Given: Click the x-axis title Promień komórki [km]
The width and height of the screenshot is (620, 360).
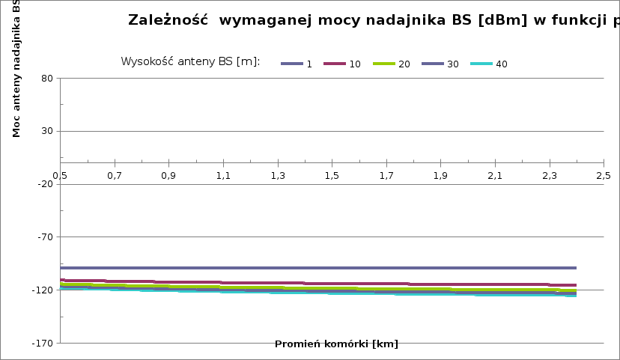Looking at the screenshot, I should click(x=336, y=344).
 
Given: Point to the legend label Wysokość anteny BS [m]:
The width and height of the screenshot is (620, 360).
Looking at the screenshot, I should click(x=190, y=61).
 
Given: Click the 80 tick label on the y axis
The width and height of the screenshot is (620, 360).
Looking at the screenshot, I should click(x=46, y=79).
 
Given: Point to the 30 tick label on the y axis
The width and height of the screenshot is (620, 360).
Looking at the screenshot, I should click(x=46, y=132).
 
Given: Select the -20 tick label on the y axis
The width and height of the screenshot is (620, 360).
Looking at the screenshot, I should click(x=43, y=184).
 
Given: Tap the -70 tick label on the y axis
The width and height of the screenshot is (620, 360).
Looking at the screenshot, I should click(x=43, y=237).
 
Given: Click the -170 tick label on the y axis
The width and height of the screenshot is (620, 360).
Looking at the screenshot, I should click(x=41, y=343).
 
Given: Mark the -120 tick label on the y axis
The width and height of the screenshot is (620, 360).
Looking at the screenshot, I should click(x=41, y=290).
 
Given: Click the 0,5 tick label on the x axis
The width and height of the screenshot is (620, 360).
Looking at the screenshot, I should click(x=60, y=176).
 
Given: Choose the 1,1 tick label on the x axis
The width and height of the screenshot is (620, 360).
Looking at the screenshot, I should click(x=223, y=176).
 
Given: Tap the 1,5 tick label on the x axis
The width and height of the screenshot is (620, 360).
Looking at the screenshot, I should click(x=332, y=176).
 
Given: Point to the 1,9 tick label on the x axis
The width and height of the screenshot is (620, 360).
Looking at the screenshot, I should click(x=440, y=176).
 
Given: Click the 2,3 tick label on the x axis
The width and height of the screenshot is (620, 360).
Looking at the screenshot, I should click(x=549, y=176).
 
